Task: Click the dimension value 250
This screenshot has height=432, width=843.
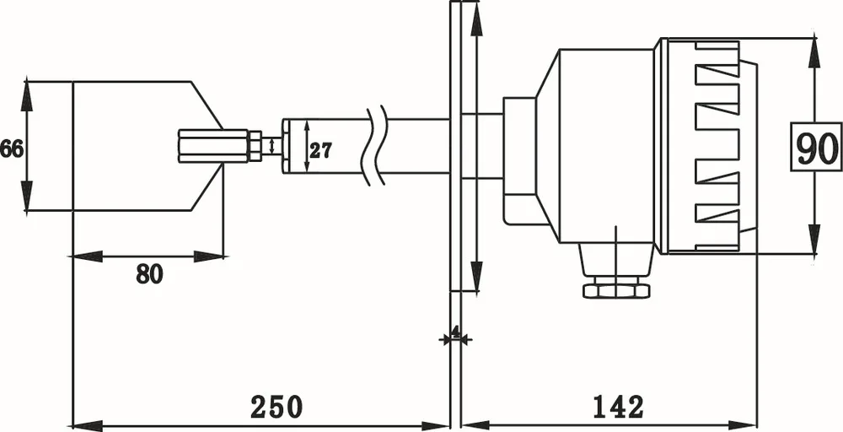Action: coord(276,407)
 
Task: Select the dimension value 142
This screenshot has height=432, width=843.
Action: coord(618,407)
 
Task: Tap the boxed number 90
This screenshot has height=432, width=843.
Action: coord(816,148)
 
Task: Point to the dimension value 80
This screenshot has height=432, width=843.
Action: coord(149,274)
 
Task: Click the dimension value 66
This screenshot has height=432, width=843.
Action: coord(11,149)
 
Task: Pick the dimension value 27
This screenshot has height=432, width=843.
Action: coord(320,151)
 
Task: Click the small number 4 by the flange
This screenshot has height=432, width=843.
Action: coord(456,332)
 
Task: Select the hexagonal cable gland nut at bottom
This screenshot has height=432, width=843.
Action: coord(616,289)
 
